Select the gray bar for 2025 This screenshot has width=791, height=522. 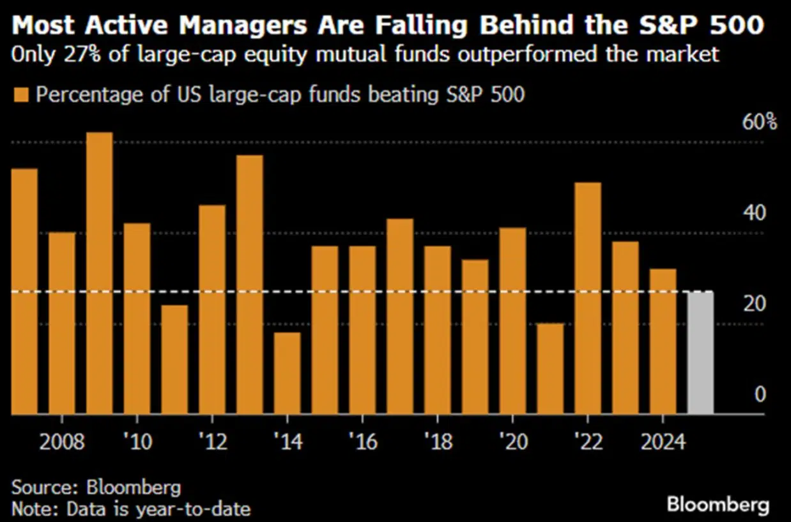700,353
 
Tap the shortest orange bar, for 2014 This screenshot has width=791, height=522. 287,373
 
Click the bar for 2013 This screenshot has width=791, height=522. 249,285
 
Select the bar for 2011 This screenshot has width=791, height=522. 174,360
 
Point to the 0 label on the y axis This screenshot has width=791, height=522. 760,394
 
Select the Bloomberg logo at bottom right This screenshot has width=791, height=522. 718,505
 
